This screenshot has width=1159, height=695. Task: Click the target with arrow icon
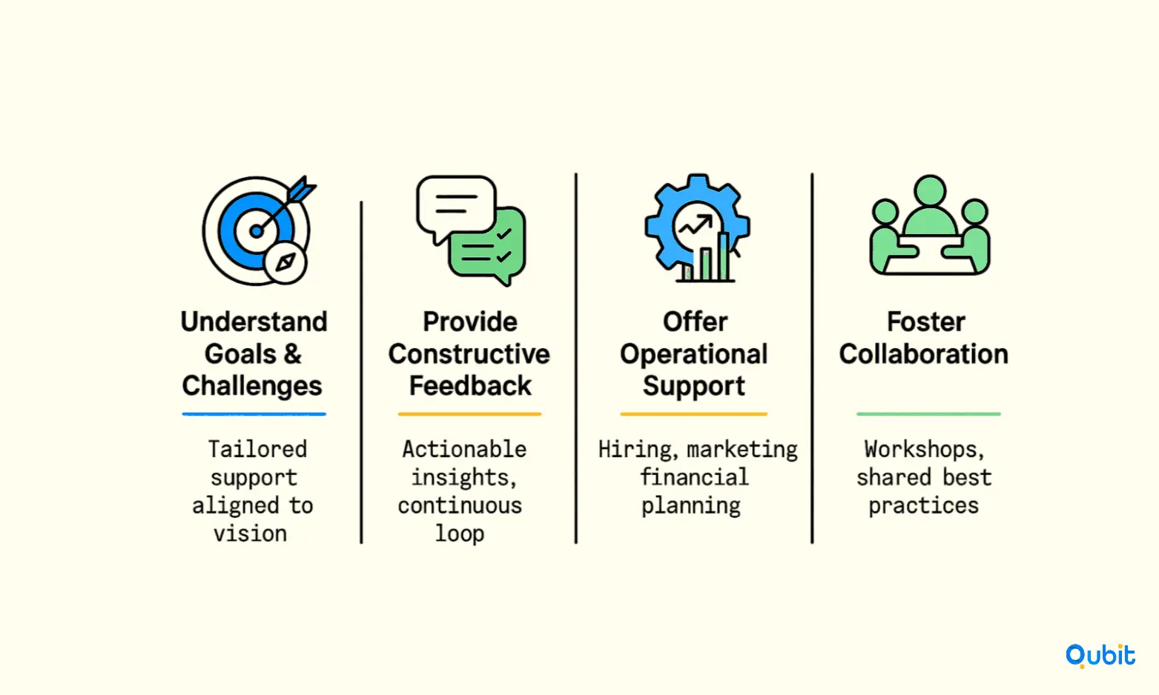point(257,230)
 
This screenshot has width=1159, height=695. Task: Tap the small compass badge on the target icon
point(285,262)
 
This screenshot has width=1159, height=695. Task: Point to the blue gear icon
point(697,227)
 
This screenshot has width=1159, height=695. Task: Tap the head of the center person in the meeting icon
point(930,191)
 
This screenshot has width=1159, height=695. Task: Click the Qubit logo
point(1100,656)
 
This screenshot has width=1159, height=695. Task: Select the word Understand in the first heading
point(254,322)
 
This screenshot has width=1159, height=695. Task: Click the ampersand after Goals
point(292,354)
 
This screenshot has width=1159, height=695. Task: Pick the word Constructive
point(469,354)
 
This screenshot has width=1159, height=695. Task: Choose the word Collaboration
point(924,354)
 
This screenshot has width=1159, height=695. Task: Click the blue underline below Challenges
point(254,413)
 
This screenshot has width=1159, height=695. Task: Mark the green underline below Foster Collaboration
point(928,413)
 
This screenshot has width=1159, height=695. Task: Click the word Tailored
point(257,449)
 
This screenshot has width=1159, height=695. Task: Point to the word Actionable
point(464,449)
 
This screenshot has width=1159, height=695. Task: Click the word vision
point(251,533)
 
